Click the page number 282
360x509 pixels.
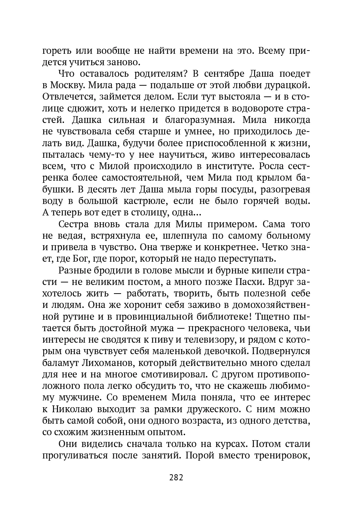176,477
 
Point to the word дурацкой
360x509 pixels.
287,85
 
